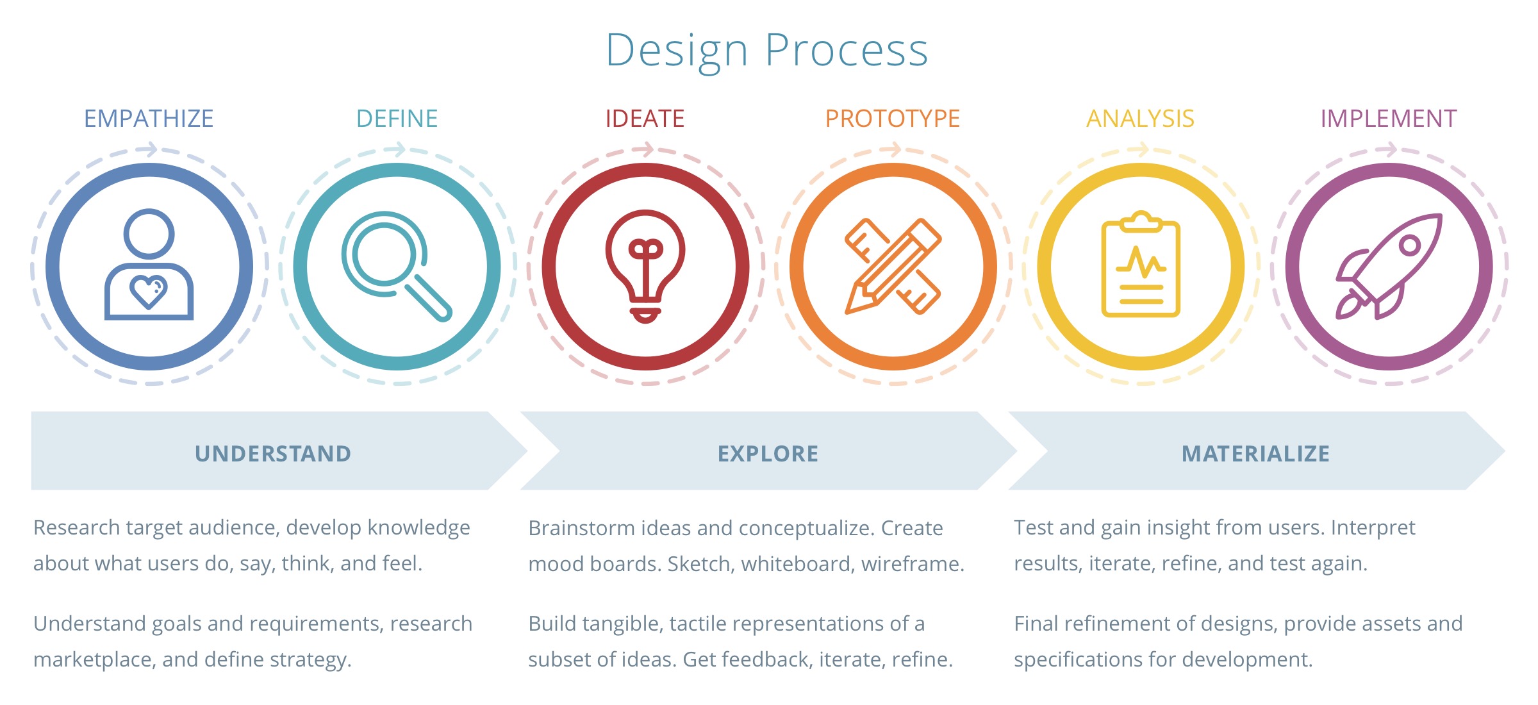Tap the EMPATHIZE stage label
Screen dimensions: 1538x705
149,119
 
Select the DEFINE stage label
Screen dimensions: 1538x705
397,119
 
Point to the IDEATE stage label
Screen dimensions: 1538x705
645,119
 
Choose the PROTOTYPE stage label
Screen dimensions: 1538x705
893,119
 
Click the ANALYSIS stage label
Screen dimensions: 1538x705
1141,119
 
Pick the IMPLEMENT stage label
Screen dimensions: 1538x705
1389,119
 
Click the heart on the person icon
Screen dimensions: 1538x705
149,292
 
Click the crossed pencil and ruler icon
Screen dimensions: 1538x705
893,266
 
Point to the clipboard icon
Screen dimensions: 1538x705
1141,264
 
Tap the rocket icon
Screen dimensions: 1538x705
1389,266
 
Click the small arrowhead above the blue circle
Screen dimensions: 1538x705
149,150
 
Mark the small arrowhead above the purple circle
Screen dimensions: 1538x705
1389,150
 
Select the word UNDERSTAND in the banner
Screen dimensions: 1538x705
273,454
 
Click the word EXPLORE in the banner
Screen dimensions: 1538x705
768,454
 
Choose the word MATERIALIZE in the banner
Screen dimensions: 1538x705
1255,454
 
